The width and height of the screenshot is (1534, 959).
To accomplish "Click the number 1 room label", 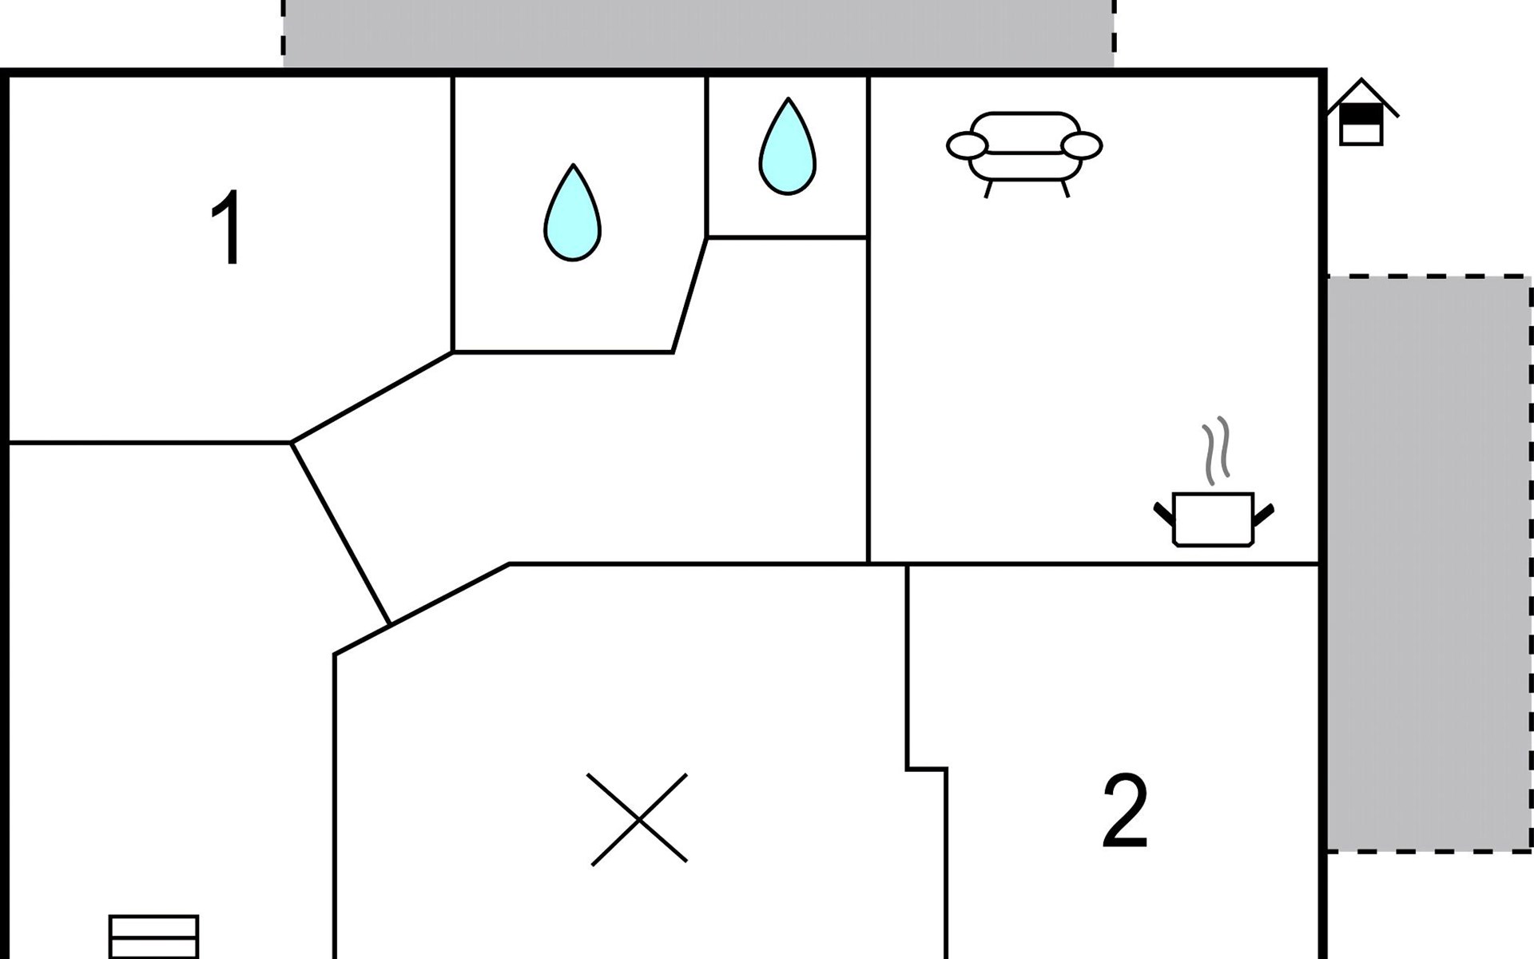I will point(228,229).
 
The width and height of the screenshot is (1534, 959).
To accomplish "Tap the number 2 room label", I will point(1125,812).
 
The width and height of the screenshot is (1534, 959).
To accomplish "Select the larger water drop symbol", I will point(572,214).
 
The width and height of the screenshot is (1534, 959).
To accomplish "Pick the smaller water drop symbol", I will point(788,148).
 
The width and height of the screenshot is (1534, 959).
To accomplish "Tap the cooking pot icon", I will point(1213,519).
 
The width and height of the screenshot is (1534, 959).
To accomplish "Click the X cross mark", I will point(638,819).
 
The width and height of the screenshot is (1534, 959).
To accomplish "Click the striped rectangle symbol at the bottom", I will point(153,937).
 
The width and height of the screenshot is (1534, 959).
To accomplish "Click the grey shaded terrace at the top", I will point(698,34).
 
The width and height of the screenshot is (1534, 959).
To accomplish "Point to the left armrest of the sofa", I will point(967,146).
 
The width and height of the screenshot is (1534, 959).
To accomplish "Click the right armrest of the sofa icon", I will point(1083,146).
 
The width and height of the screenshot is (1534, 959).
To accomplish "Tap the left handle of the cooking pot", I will point(1164,513).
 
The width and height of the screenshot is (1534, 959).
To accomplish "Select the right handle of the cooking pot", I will point(1262,515).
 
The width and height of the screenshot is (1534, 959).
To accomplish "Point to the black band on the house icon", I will point(1361,117).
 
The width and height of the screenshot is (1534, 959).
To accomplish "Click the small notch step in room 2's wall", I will point(927,769).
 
